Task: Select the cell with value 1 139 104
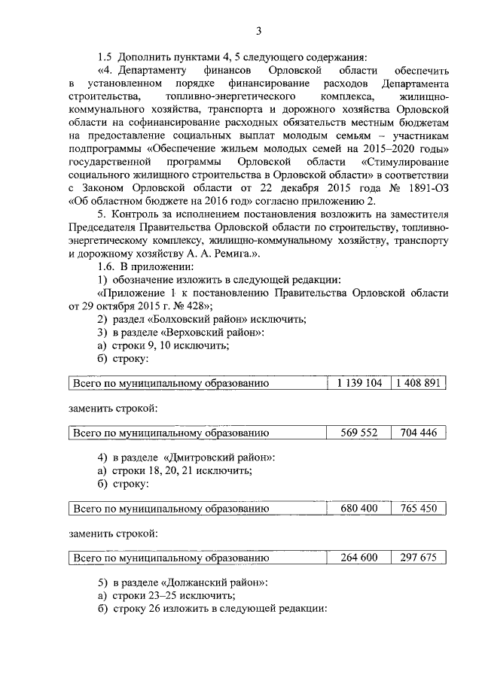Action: (359, 384)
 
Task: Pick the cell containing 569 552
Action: (359, 433)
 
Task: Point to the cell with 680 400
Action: (359, 509)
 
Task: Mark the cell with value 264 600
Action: (359, 558)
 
